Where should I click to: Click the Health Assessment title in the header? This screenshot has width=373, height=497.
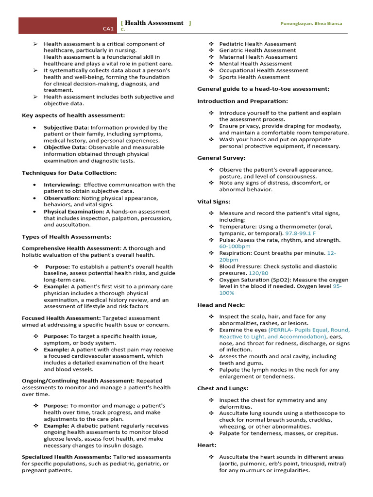click(154, 23)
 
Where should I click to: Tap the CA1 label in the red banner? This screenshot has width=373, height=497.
click(108, 29)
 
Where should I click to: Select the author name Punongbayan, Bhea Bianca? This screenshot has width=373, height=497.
click(311, 23)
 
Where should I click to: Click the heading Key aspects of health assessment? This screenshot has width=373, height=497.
click(73, 115)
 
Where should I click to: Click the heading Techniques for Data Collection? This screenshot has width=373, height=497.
click(69, 173)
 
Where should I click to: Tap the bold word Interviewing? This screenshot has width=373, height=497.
click(62, 185)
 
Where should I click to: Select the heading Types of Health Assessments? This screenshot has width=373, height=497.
click(67, 237)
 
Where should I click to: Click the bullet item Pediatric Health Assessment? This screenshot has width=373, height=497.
click(257, 44)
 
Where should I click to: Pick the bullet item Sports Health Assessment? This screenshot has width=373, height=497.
click(254, 77)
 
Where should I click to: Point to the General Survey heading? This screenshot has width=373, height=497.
click(221, 158)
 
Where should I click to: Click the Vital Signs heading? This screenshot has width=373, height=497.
click(214, 201)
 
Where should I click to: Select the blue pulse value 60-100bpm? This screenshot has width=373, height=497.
click(235, 247)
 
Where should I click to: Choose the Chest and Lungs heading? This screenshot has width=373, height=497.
click(222, 388)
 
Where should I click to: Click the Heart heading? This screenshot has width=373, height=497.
click(207, 445)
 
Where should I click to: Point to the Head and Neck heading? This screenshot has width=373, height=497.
click(221, 305)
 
